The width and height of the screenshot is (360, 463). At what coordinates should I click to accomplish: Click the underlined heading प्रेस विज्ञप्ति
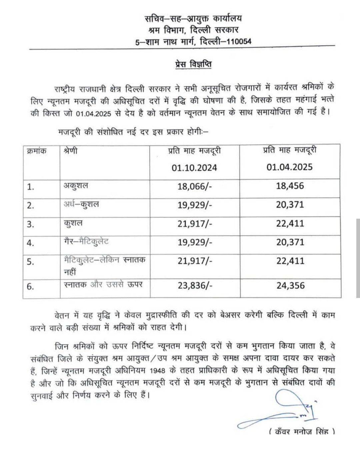[193, 64]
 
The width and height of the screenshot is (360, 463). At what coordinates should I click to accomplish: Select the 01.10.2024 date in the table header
[194, 167]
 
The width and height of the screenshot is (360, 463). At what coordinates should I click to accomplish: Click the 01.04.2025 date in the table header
[289, 167]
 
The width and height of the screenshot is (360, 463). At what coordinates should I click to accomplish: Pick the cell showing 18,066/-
[194, 186]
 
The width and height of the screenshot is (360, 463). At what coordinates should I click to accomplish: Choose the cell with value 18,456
[290, 186]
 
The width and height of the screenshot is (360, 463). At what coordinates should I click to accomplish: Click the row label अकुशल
[76, 185]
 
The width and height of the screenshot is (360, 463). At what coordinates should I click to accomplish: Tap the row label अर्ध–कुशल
[81, 204]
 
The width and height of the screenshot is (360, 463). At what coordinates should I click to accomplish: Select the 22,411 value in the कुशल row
[290, 223]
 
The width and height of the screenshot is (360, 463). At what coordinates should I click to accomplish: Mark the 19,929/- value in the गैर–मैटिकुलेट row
[194, 242]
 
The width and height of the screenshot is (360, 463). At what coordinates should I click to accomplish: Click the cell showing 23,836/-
[195, 285]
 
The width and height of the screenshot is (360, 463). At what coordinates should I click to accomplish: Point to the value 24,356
[290, 285]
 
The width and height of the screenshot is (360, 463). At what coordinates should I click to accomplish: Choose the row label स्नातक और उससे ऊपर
[103, 285]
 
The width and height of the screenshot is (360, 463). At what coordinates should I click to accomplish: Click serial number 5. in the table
[31, 262]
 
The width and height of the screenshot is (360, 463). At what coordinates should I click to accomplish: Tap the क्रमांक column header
[36, 151]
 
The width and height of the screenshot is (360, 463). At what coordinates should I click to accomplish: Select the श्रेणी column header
[70, 151]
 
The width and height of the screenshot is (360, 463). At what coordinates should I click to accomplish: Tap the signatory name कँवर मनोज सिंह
[302, 432]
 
